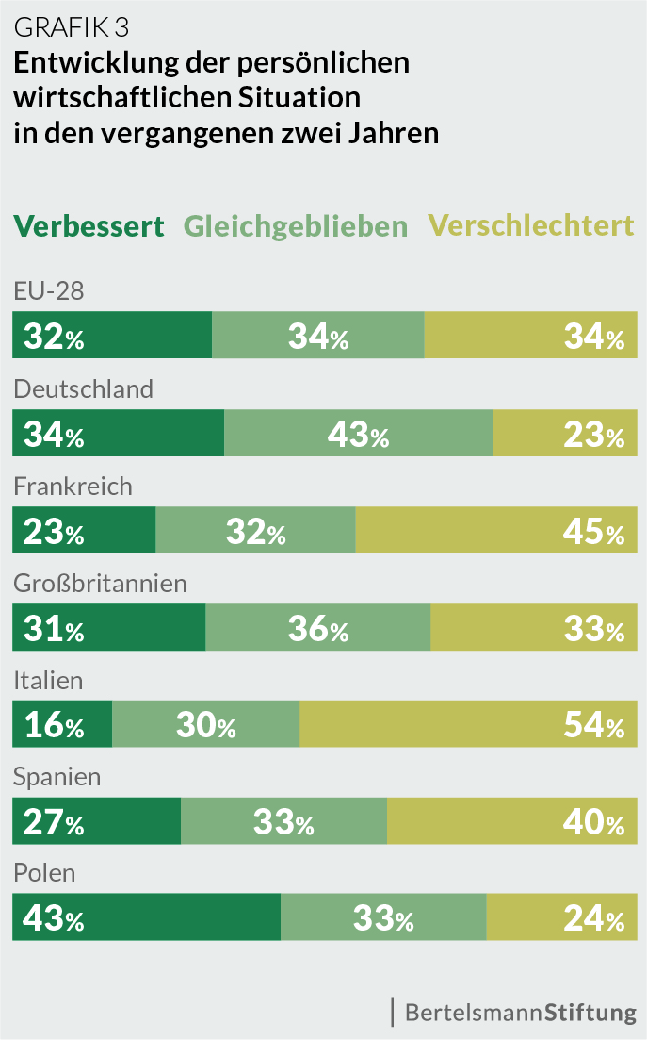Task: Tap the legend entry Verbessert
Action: click(x=89, y=226)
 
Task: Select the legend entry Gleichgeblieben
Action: click(x=296, y=226)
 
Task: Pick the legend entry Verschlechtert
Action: click(x=531, y=226)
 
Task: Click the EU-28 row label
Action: click(x=49, y=291)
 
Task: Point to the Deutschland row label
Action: click(x=83, y=388)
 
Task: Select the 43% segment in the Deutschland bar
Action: click(x=358, y=434)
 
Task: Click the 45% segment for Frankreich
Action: click(x=495, y=531)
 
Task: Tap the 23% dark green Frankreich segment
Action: click(x=84, y=531)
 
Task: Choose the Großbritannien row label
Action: click(x=100, y=583)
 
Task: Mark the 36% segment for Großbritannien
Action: click(x=318, y=628)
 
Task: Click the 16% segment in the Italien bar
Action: click(x=62, y=725)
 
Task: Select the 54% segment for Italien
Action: click(x=468, y=725)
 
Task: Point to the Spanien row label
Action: click(x=57, y=777)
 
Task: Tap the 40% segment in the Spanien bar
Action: click(x=511, y=822)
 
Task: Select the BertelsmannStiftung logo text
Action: click(x=520, y=1013)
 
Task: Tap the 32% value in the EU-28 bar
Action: click(x=54, y=337)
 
